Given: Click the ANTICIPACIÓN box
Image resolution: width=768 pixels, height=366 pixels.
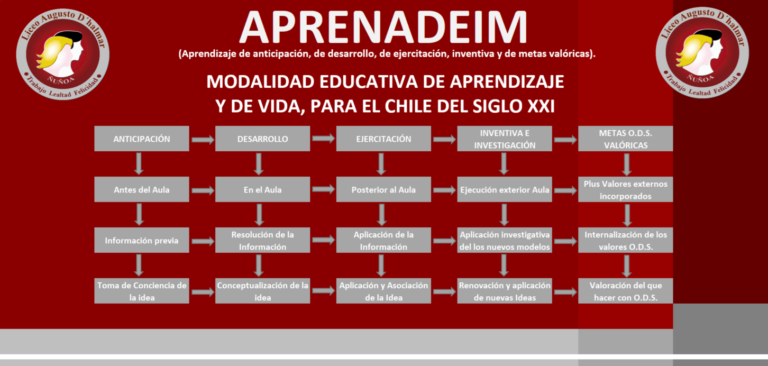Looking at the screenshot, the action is (142, 139).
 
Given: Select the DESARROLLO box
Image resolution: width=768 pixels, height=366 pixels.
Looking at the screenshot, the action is (263, 139).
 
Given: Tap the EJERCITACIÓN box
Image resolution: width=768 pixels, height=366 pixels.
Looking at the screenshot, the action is (383, 139).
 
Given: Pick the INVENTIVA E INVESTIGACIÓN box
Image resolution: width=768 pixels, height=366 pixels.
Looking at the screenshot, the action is (505, 139).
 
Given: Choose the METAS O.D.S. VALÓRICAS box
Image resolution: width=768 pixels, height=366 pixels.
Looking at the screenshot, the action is (626, 139).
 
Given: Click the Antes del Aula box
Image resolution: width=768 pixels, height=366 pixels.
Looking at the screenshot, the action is (142, 189).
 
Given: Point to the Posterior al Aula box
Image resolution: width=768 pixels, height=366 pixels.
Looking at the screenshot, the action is (383, 189).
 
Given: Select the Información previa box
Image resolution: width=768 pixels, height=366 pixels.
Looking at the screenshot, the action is (142, 240).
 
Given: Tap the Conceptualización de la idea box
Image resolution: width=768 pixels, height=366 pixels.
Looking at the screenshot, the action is (263, 290).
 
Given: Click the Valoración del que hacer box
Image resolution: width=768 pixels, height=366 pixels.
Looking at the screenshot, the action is (626, 290).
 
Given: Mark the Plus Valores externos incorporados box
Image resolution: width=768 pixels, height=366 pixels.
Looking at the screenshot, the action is (626, 189).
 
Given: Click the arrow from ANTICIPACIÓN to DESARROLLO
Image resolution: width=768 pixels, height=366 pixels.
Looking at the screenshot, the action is (203, 140).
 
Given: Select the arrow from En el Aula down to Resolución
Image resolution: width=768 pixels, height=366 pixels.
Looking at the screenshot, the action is (259, 215).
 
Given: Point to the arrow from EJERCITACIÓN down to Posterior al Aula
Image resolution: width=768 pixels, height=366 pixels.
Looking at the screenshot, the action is (381, 164).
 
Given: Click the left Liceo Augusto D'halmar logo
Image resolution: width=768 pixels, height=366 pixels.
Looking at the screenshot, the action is (63, 54).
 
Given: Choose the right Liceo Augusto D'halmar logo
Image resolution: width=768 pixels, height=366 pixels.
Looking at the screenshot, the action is (702, 53).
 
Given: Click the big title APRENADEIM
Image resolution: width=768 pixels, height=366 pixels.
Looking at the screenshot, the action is (383, 27).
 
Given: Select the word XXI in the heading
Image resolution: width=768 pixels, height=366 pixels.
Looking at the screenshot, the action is (541, 106).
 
